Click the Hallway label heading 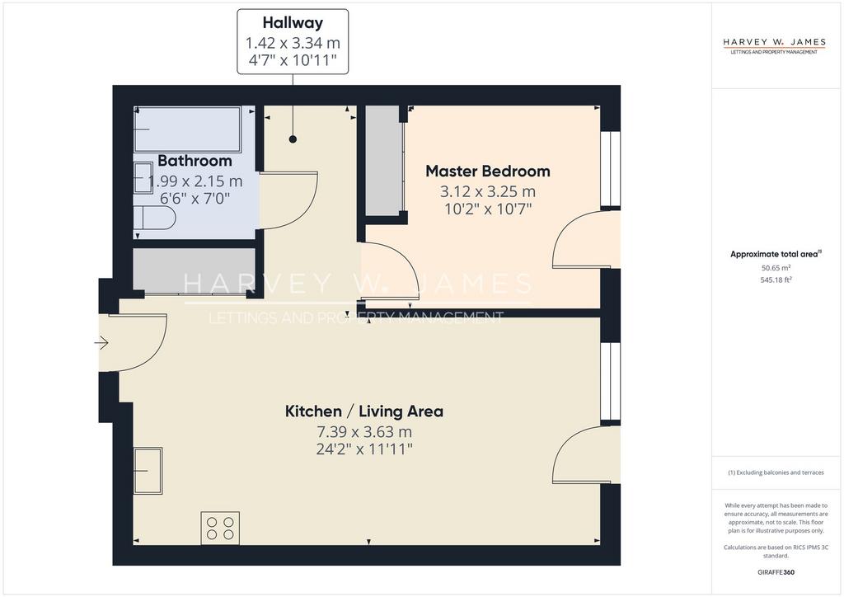tap(293, 22)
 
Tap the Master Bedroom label tap(488, 172)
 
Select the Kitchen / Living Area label tap(364, 411)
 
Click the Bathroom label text tap(195, 161)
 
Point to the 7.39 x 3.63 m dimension tap(364, 432)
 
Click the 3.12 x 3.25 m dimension tap(488, 191)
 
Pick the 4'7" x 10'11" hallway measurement tap(293, 59)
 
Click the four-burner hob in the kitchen tap(220, 528)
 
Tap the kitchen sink tap(148, 471)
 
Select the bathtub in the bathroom tap(187, 129)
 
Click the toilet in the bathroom tap(154, 219)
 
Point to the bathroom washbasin tap(143, 178)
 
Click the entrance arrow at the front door tap(101, 343)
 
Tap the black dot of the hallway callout tap(293, 139)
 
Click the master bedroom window tap(611, 169)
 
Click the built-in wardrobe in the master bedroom tap(384, 160)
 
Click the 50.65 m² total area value tap(776, 267)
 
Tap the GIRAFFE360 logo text tap(776, 572)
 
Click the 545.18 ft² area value tap(776, 280)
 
